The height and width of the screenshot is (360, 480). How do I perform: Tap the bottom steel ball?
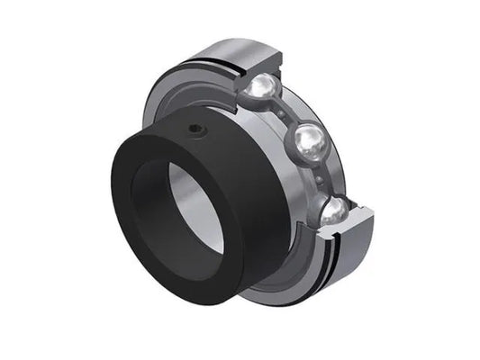click(331, 213)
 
